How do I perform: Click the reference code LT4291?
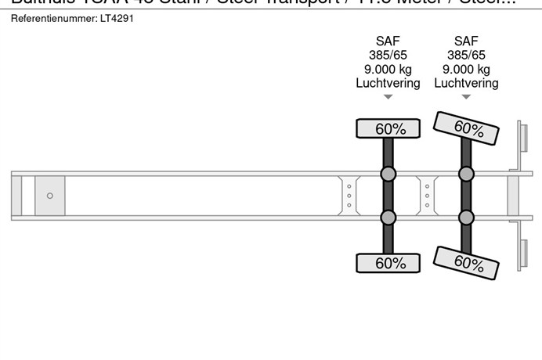[117, 18]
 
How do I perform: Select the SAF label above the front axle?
[388, 41]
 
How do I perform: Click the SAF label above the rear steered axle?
[466, 41]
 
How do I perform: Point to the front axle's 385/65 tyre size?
[388, 56]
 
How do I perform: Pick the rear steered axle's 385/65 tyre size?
[466, 56]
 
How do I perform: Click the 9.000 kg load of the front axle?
[388, 70]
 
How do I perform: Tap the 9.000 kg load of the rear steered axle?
[466, 70]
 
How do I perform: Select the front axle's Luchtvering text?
[388, 83]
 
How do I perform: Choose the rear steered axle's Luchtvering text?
[466, 83]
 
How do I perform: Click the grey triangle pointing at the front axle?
[388, 98]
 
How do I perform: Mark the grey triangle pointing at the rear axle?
[466, 98]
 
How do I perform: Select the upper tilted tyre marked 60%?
[467, 128]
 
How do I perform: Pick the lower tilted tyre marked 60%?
[467, 262]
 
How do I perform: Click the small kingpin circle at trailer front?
[50, 196]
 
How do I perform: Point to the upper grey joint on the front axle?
[388, 174]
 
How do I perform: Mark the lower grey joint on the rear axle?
[466, 217]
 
